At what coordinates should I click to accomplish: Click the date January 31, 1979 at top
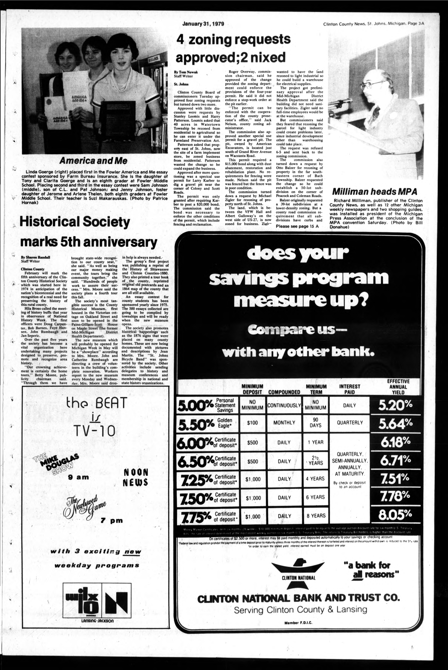[203, 24]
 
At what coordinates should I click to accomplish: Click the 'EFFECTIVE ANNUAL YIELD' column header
[398, 387]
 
